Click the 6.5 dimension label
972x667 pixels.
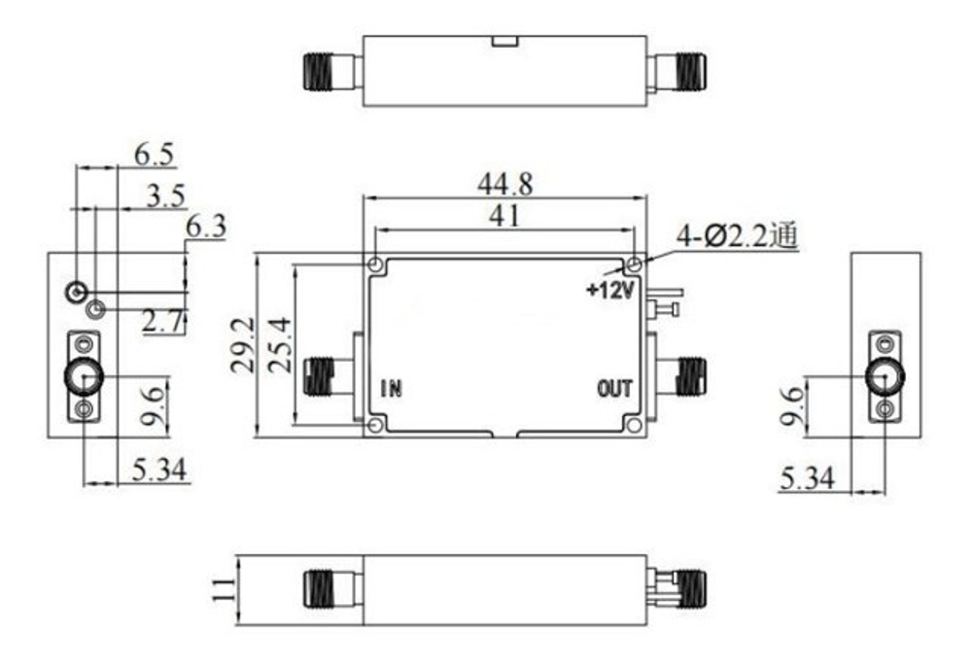click(x=154, y=154)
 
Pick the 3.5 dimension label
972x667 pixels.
click(x=166, y=196)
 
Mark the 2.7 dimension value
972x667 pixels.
click(x=163, y=322)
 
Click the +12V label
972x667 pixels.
click(x=609, y=290)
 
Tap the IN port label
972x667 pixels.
click(x=392, y=389)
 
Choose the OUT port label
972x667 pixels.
click(x=614, y=389)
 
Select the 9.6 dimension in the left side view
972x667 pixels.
click(x=154, y=405)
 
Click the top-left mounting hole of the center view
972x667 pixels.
click(x=376, y=264)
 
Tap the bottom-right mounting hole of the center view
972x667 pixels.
click(x=634, y=424)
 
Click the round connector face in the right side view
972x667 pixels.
click(x=885, y=376)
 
